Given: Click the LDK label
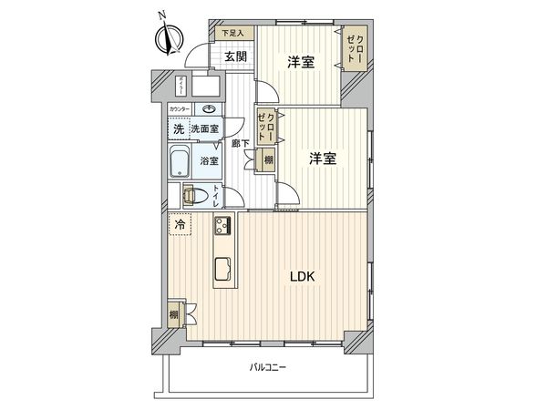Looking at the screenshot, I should [x=303, y=277].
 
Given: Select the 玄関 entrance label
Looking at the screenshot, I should [x=235, y=56].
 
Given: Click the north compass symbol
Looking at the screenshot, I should [x=166, y=37].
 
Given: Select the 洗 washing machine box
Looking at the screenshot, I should [x=178, y=128].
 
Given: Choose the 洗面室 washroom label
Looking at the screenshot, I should [x=203, y=129].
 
